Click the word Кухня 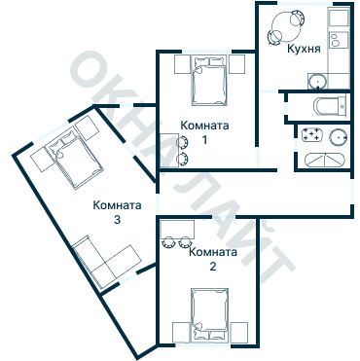[x=305, y=48]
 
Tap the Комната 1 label [x=204, y=132]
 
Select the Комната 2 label [x=212, y=260]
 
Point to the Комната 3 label [x=117, y=212]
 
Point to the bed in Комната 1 [x=208, y=81]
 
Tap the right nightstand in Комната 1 [x=234, y=64]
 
